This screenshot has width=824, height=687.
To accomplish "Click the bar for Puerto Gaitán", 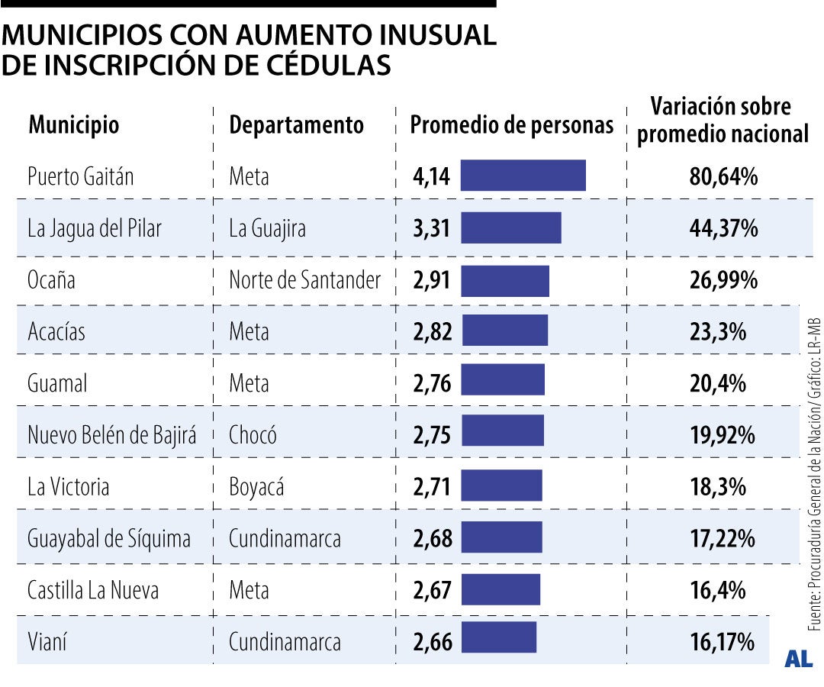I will point(523,176).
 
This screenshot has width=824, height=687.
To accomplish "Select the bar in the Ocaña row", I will point(505,280).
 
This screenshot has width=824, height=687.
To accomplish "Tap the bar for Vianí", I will point(499,637).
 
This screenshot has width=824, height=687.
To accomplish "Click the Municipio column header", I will point(73,124).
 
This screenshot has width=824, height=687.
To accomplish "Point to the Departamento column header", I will point(296,124).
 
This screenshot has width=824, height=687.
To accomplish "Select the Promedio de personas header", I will point(512,124).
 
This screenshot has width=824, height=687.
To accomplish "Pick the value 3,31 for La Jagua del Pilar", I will point(432,228).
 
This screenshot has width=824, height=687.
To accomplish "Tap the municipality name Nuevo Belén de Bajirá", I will point(111,435).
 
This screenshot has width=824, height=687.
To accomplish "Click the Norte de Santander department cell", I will point(304,280).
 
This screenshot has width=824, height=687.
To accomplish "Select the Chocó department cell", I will point(253,435).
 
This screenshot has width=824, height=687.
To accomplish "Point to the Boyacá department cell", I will point(256,486).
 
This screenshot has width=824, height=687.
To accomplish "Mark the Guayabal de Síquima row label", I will point(108,538).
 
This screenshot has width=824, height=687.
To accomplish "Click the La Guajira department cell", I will point(267,228).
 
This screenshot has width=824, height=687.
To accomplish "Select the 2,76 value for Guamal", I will point(432,383).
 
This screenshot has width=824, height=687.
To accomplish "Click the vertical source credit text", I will point(814,473).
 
